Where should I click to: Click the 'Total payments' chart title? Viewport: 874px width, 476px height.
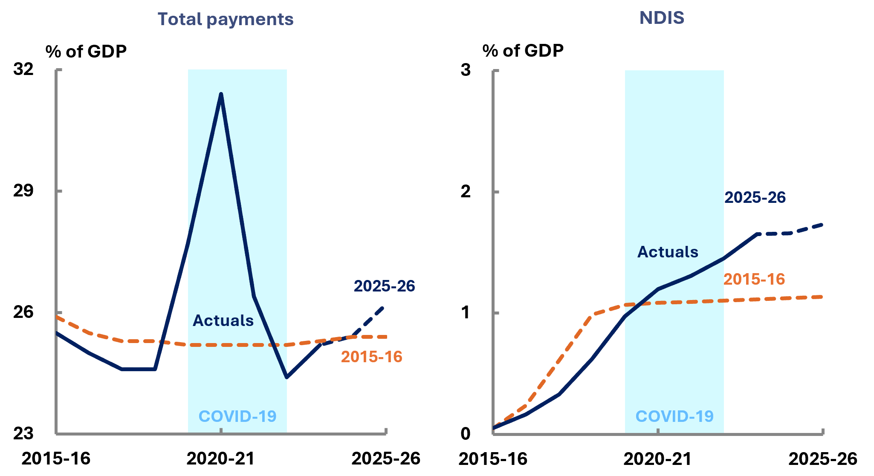tap(226, 19)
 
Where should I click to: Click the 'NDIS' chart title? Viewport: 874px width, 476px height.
tap(662, 18)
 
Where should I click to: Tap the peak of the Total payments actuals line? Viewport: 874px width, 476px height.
tap(221, 94)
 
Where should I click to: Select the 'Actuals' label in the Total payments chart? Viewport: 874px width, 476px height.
tap(223, 320)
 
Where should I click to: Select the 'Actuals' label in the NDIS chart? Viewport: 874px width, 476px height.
tap(668, 252)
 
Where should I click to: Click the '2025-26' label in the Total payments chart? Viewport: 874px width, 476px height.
tap(384, 286)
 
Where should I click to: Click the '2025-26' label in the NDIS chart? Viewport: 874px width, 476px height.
tap(755, 197)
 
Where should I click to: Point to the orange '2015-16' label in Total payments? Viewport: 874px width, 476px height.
tap(371, 357)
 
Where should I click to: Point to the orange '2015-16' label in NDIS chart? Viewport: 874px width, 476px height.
tap(754, 279)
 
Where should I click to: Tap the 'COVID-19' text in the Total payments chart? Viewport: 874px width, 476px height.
tap(237, 416)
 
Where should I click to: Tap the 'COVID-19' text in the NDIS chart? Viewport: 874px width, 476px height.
tap(674, 416)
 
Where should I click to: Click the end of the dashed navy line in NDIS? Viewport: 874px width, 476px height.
tap(822, 225)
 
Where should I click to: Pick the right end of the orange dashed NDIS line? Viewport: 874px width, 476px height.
tap(822, 297)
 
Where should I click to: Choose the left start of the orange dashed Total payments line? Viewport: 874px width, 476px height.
tap(57, 317)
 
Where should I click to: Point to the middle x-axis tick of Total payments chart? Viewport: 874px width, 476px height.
tap(221, 431)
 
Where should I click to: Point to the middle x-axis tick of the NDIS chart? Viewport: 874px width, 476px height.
tap(658, 431)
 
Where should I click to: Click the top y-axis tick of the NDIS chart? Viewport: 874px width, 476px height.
tap(496, 71)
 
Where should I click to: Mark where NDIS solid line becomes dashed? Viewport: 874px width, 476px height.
tap(757, 234)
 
